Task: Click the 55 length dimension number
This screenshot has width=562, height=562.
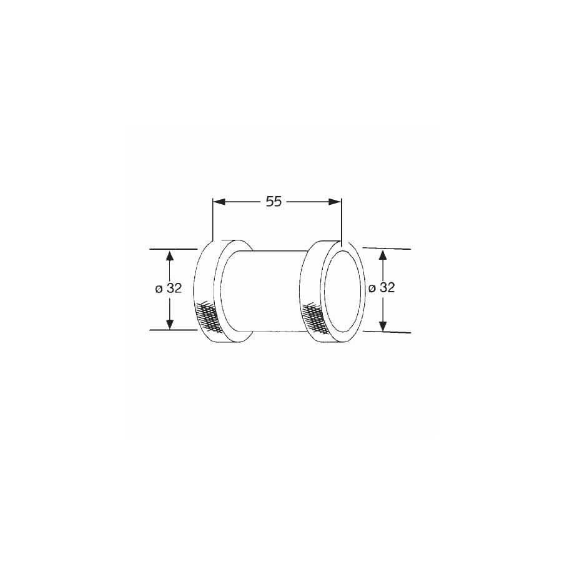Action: tap(274, 202)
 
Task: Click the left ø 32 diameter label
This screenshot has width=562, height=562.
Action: tap(169, 288)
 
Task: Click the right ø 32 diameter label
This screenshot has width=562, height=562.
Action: tap(382, 287)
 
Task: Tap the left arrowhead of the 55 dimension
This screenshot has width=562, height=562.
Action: tap(219, 202)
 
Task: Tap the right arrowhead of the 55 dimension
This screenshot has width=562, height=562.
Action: tap(335, 202)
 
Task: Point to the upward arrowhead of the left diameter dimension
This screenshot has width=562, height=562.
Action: tap(169, 256)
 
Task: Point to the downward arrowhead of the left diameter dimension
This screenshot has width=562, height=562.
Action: tap(169, 323)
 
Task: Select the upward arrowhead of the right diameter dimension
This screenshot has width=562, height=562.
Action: tap(383, 255)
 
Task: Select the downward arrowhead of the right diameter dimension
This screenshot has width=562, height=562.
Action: tap(383, 325)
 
